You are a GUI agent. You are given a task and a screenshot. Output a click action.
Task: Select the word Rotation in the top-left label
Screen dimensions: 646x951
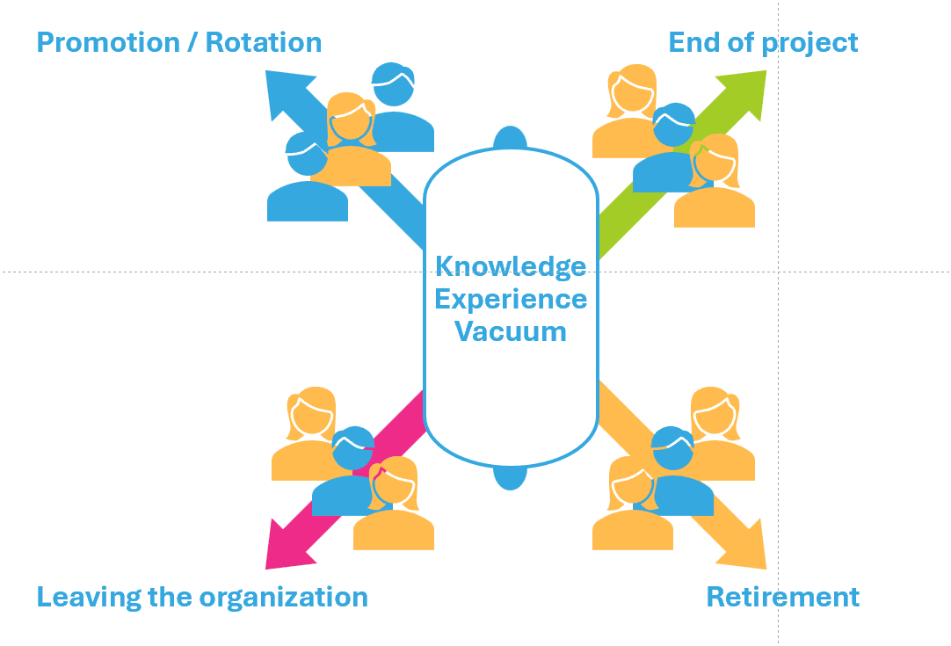(264, 42)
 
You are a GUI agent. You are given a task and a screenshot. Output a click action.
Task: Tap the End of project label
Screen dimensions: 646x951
(763, 42)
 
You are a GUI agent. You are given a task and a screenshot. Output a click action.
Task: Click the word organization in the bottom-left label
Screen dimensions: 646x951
(283, 597)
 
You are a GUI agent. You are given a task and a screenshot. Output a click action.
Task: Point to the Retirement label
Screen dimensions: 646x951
(782, 597)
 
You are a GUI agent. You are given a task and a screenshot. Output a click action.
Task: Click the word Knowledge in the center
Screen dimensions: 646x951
(511, 265)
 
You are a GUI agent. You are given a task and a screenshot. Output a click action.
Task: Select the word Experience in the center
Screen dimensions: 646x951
(511, 299)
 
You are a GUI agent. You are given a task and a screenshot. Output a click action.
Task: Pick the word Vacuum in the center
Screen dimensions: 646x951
(511, 331)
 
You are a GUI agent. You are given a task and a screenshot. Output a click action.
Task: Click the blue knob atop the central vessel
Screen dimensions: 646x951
(510, 138)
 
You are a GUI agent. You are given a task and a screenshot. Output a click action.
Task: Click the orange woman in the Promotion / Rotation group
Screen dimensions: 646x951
(351, 141)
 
